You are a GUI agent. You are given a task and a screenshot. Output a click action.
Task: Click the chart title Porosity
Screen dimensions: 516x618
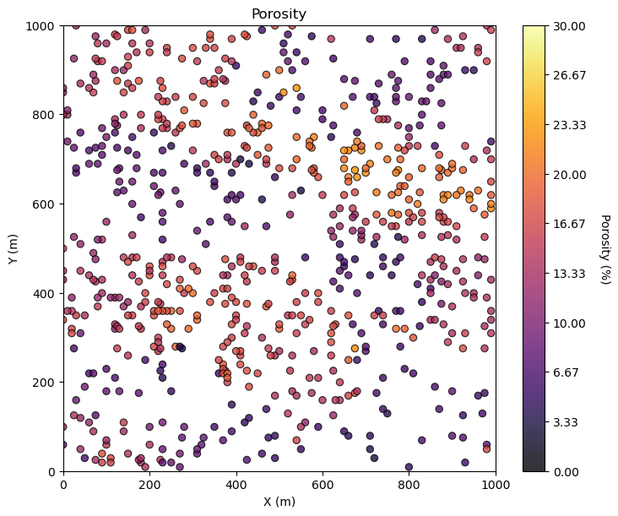point(279,14)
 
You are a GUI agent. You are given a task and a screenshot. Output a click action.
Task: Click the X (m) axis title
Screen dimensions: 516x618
point(279,502)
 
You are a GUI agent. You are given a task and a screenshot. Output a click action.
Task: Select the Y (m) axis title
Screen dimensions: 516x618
point(14,248)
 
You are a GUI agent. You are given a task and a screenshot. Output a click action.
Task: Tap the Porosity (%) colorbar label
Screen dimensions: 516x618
point(604,248)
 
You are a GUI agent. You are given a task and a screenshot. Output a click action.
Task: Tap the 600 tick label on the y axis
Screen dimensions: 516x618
point(44,204)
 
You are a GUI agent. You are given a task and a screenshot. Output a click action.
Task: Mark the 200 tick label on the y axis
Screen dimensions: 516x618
point(44,383)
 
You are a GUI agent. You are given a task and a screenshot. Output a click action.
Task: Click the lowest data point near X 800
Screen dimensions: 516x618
point(409,467)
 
